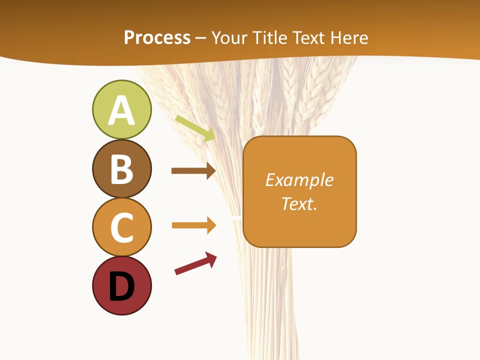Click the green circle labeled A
point(121,109)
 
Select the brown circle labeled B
point(121,168)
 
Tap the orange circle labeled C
point(121,227)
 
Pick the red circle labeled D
point(121,286)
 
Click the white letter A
point(121,111)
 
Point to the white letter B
point(121,169)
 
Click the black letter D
point(122,286)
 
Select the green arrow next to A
point(195,128)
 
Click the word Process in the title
point(157,37)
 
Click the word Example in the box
point(299,180)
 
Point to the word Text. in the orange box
point(299,203)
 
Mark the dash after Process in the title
point(200,38)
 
